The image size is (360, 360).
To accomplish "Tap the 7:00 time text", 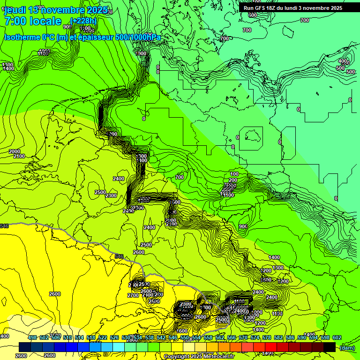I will (x=15, y=21).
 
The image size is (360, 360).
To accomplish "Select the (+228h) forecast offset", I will (x=84, y=21).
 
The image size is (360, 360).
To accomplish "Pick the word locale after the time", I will (x=45, y=21).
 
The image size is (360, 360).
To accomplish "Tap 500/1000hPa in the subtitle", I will (x=138, y=37).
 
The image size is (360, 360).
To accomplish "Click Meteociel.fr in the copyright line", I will (x=215, y=357).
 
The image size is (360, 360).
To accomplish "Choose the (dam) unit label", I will (x=347, y=347).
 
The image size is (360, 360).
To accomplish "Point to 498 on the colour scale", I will (x=32, y=337).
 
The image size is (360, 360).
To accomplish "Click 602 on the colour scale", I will (x=337, y=337).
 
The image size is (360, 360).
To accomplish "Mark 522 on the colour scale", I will (x=103, y=337).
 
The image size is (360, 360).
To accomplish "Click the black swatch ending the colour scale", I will (x=330, y=347).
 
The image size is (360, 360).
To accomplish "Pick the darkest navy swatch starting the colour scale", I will (x=25, y=347).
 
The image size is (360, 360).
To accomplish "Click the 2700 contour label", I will (x=133, y=295).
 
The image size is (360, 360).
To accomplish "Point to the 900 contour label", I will (x=243, y=226).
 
